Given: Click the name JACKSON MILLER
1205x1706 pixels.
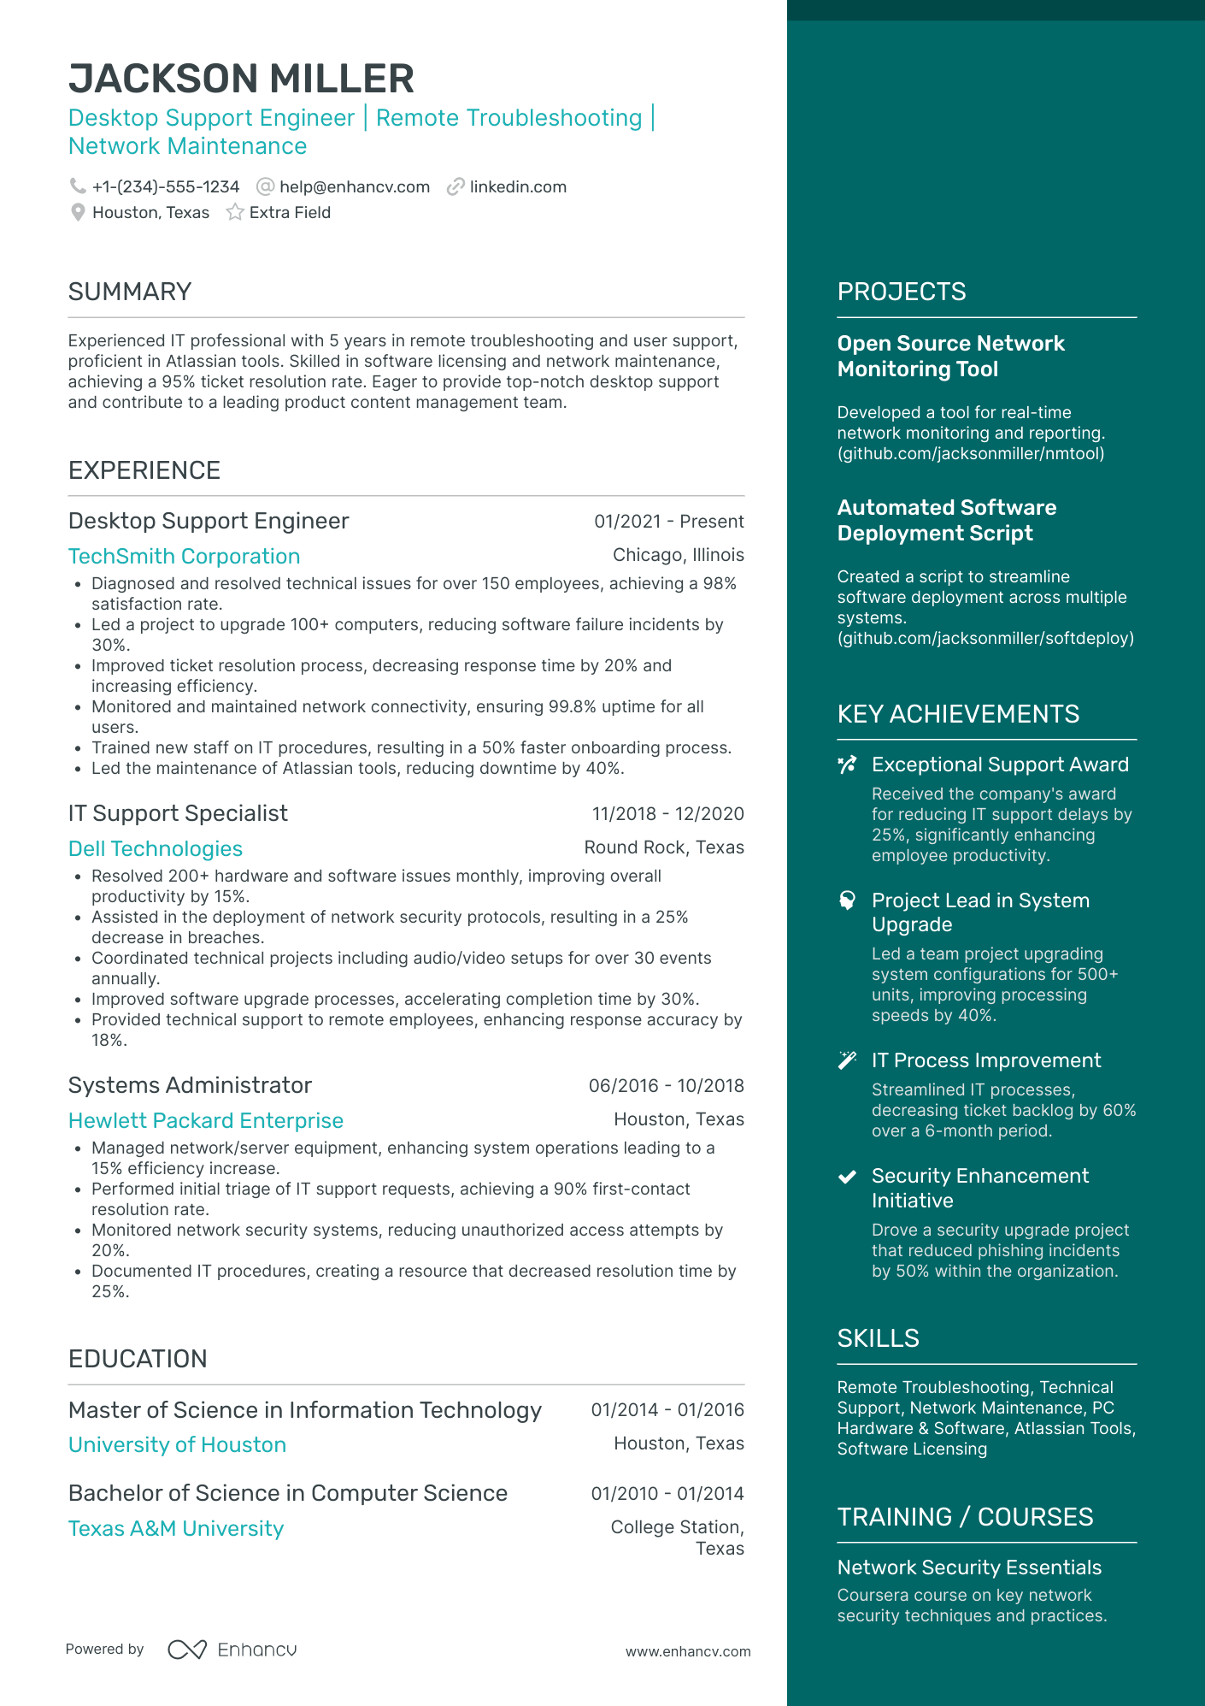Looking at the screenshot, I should pos(241,79).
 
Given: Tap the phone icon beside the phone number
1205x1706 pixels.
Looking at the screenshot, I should pos(78,186).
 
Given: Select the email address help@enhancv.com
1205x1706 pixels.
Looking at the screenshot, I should pos(354,186).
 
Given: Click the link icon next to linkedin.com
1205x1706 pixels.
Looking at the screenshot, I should pos(456,186).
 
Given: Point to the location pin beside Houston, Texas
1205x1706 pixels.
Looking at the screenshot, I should pos(78,212).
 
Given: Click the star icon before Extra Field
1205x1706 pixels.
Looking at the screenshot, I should pos(235,212).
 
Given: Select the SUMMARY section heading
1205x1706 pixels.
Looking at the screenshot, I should pos(130,292).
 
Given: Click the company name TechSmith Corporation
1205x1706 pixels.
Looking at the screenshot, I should pos(184,556).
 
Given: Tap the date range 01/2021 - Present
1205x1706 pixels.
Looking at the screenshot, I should pos(668,522).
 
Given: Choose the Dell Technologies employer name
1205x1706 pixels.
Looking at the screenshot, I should pos(156,848).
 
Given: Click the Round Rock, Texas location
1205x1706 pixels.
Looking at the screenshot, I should pos(663,847).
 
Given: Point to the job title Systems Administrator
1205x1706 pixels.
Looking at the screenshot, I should pos(190,1085).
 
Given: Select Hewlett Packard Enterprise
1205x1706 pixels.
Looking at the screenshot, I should pos(206,1120).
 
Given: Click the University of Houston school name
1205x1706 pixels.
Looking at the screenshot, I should pos(177,1444).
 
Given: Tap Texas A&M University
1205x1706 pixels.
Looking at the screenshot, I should pos(176,1528).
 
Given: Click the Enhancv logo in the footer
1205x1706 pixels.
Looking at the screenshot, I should pos(232,1650).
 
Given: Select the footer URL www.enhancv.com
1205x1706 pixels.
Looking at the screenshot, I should pos(687,1651).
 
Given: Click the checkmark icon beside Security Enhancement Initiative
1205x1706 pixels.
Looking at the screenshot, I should pos(847,1177).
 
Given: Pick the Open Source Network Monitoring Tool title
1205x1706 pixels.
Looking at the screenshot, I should pos(950,356).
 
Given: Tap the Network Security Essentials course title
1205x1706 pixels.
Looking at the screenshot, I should pos(969,1567).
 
